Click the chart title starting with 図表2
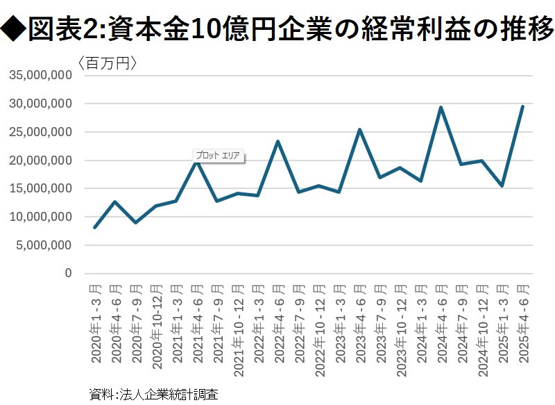point(277,29)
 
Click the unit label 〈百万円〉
point(107,63)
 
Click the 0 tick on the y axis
point(68,274)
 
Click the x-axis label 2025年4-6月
point(524,322)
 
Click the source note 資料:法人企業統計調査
point(154,394)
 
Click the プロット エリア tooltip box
point(218,156)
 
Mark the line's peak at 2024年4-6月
point(441,108)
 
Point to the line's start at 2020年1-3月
point(95,227)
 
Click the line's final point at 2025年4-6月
point(522,106)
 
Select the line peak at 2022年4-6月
point(278,142)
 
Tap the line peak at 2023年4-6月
point(359,130)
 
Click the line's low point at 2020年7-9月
point(136,222)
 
